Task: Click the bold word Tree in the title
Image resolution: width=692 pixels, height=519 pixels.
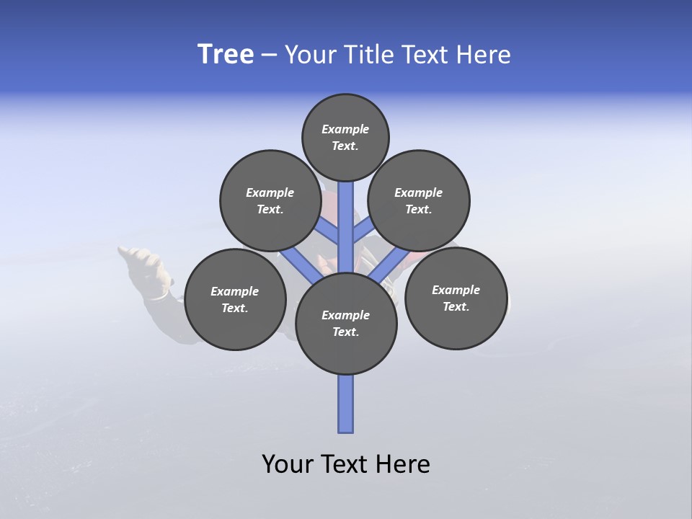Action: pyautogui.click(x=226, y=55)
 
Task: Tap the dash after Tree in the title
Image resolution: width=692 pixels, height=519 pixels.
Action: pyautogui.click(x=269, y=56)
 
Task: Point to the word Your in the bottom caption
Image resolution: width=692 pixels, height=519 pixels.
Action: pyautogui.click(x=289, y=464)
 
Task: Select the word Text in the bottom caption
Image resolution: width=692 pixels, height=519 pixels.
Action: pyautogui.click(x=347, y=464)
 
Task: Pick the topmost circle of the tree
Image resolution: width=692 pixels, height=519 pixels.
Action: pyautogui.click(x=345, y=137)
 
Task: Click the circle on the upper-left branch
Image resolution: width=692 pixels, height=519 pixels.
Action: pyautogui.click(x=270, y=200)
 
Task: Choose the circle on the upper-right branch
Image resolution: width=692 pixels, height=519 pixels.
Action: pyautogui.click(x=419, y=200)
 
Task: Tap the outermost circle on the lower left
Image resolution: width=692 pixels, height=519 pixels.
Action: pyautogui.click(x=235, y=299)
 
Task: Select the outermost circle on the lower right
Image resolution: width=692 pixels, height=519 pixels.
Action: pyautogui.click(x=456, y=298)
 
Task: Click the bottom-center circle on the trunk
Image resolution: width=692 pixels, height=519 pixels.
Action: pyautogui.click(x=346, y=324)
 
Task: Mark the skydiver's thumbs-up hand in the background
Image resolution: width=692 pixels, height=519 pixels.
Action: pyautogui.click(x=148, y=267)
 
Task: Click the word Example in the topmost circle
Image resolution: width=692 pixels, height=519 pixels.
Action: pyautogui.click(x=345, y=129)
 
